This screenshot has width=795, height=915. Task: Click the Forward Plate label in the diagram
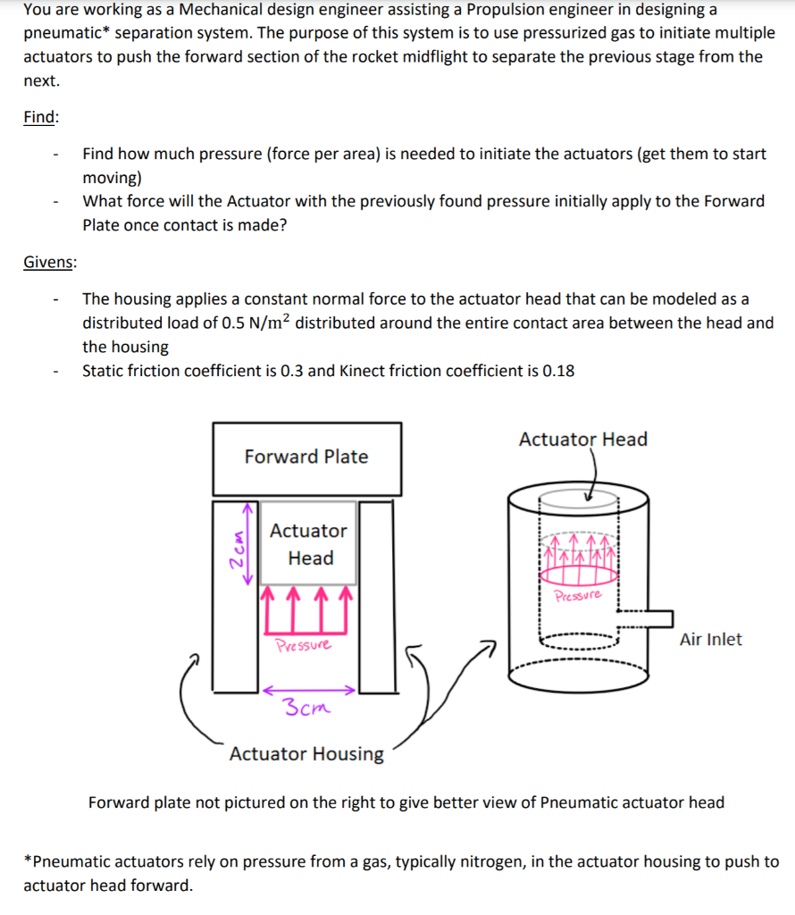click(306, 457)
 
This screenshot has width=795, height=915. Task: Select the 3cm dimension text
click(305, 709)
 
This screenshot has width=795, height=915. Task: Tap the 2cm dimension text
click(238, 544)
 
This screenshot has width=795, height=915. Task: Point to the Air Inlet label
click(710, 639)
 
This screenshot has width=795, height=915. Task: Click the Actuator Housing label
click(306, 753)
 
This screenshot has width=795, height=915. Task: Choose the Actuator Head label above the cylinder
click(582, 439)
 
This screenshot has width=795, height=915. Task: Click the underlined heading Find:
click(41, 117)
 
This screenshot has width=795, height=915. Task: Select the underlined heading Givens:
click(50, 262)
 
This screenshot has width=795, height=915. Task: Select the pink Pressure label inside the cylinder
click(578, 595)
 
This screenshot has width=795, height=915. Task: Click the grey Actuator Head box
click(308, 543)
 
